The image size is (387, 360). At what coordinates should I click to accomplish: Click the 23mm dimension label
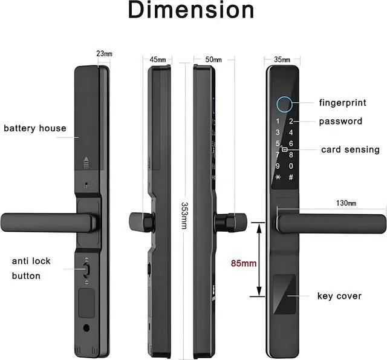click(104, 54)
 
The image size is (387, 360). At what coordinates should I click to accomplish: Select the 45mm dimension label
click(157, 59)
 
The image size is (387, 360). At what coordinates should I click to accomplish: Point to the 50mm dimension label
click(213, 59)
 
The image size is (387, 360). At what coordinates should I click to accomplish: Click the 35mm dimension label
click(282, 59)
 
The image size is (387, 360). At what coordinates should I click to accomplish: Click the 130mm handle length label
click(346, 203)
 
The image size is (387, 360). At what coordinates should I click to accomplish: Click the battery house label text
click(35, 128)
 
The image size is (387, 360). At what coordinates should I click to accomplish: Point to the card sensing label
click(350, 149)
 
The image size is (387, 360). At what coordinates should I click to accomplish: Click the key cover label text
click(339, 296)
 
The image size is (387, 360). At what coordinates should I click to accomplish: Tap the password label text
click(340, 121)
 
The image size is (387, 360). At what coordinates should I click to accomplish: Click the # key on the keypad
click(291, 177)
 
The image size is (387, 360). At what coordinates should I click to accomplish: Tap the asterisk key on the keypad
click(278, 177)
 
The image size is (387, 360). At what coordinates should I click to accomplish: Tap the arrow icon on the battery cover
click(86, 162)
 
